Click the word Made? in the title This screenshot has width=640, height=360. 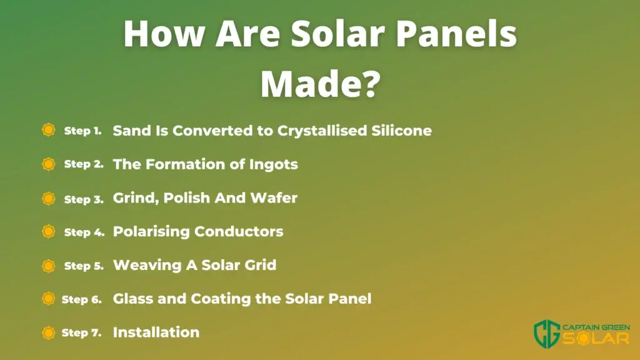pyautogui.click(x=321, y=84)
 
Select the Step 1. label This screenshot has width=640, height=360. pyautogui.click(x=83, y=131)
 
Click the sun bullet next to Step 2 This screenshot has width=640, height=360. pyautogui.click(x=49, y=164)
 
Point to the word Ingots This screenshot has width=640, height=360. pyautogui.click(x=274, y=165)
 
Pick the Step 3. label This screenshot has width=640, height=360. pyautogui.click(x=84, y=199)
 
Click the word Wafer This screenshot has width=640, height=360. pyautogui.click(x=274, y=198)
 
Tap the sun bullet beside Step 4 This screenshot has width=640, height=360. pyautogui.click(x=49, y=231)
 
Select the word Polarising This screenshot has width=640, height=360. pyautogui.click(x=151, y=232)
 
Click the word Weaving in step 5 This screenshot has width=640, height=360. pyautogui.click(x=147, y=265)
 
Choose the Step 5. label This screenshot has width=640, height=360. pyautogui.click(x=84, y=266)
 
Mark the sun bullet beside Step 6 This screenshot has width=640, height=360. pyautogui.click(x=49, y=298)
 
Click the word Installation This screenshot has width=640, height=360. pyautogui.click(x=156, y=332)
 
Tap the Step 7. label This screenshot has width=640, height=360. pyautogui.click(x=81, y=332)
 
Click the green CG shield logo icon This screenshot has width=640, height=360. pyautogui.click(x=547, y=334)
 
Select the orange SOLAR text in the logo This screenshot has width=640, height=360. pyautogui.click(x=596, y=339)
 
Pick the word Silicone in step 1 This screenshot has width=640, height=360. pyautogui.click(x=402, y=131)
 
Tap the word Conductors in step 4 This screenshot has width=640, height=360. pyautogui.click(x=239, y=232)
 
